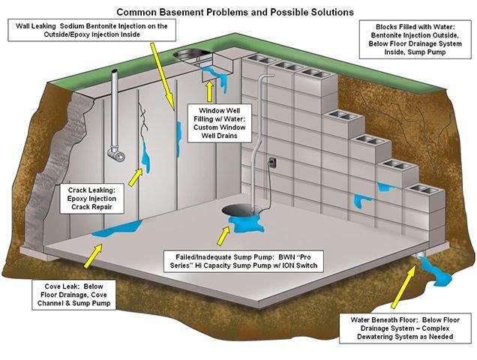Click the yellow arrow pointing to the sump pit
pos(223,235)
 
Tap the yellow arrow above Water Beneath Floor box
pos(405,285)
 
